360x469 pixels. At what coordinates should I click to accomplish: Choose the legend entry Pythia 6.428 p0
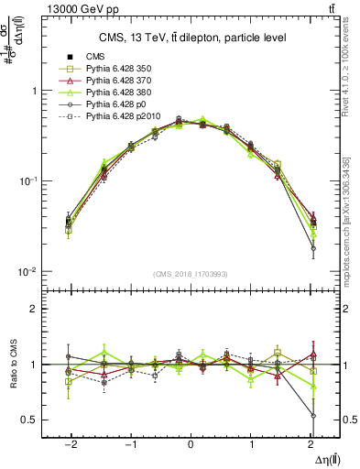(x=115, y=104)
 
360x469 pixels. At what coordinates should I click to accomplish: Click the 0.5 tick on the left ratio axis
(x=32, y=420)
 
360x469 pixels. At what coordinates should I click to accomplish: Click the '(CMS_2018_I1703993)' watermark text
(x=191, y=273)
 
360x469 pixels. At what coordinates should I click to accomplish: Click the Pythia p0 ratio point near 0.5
(x=313, y=416)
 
